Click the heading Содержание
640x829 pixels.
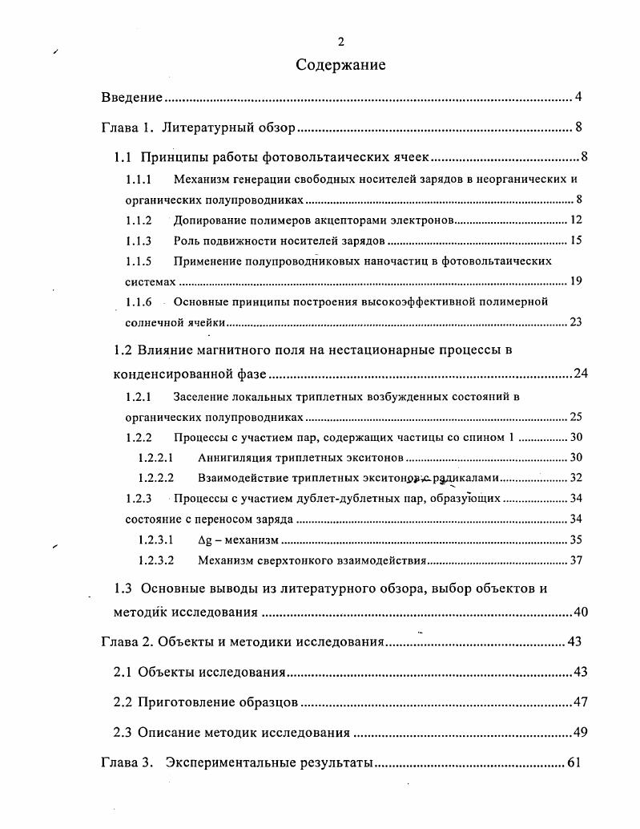click(340, 65)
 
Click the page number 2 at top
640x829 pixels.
click(340, 42)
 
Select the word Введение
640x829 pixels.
click(132, 98)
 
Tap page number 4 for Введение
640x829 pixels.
click(578, 98)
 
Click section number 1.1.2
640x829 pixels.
click(139, 220)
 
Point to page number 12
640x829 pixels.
click(575, 220)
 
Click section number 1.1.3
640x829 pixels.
click(139, 241)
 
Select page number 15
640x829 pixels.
click(575, 241)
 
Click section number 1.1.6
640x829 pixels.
click(139, 301)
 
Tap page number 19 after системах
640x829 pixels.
click(575, 281)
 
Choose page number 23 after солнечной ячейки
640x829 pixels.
click(575, 322)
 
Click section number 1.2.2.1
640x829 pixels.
click(155, 458)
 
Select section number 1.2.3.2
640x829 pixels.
click(155, 560)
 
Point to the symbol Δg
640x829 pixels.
click(204, 540)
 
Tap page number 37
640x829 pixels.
click(575, 560)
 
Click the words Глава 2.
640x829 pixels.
click(127, 642)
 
